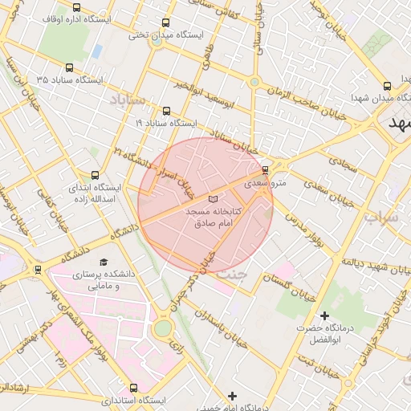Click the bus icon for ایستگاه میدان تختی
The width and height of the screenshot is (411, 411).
coord(166,23)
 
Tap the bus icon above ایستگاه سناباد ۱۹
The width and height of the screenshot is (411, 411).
coord(166,112)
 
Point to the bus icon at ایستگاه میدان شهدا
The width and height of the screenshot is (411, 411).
coord(388,86)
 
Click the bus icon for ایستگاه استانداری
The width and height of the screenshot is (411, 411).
coord(132,388)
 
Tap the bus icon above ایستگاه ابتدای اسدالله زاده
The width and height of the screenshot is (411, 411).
coord(96,174)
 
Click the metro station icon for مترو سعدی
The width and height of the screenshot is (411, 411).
coord(266,170)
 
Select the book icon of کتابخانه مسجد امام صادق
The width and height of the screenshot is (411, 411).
coord(213,198)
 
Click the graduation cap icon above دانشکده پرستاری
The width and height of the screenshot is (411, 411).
coord(103,262)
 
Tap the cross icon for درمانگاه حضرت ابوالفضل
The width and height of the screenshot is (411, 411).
coord(324,315)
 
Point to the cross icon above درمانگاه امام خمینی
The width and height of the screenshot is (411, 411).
coord(232,396)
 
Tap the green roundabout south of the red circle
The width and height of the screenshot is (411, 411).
coord(163,328)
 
